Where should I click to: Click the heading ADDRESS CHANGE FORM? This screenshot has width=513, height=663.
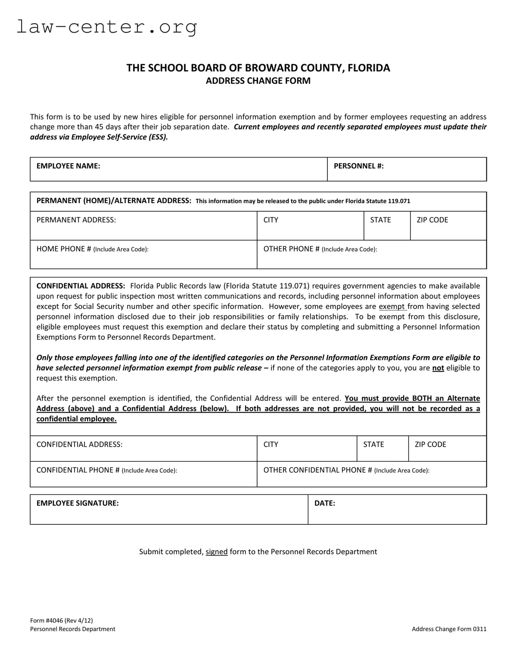[x=258, y=81]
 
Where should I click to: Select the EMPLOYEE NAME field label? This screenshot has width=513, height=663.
[x=68, y=166]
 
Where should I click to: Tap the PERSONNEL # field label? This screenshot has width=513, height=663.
[x=358, y=166]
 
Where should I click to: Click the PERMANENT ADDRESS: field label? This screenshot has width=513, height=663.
[x=76, y=220]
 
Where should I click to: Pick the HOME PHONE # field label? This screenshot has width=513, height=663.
[x=92, y=249]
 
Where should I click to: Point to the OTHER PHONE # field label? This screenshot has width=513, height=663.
[x=320, y=249]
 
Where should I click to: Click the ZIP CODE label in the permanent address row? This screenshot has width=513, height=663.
[x=432, y=220]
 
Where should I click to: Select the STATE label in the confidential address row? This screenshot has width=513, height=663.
[x=373, y=444]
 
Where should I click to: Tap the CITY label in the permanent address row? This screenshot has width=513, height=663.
[x=270, y=220]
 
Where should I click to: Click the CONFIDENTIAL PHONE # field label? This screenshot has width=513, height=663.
[x=106, y=470]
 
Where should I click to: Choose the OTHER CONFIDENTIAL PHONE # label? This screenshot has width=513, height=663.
[x=346, y=470]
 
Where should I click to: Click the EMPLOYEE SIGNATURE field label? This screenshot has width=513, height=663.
[x=78, y=503]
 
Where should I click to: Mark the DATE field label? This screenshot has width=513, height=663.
[x=324, y=503]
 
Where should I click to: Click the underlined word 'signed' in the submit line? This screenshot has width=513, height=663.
[x=216, y=552]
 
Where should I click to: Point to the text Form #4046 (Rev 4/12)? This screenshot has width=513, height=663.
[x=61, y=620]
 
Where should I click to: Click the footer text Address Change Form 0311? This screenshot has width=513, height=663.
[x=449, y=629]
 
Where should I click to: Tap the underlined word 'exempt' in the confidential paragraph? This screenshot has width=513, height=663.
[x=392, y=307]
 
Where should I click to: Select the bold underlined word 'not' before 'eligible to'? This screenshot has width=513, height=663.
[x=438, y=368]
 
